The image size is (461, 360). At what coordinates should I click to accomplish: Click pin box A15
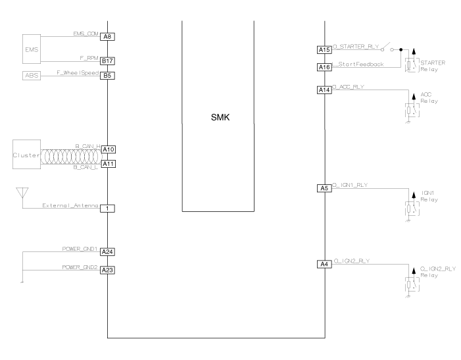click(x=324, y=49)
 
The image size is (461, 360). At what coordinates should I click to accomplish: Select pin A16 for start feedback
click(x=324, y=66)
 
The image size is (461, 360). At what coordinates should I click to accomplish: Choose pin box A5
click(x=324, y=189)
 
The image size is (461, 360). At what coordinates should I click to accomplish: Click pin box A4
click(x=324, y=265)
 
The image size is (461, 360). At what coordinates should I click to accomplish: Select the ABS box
click(x=31, y=76)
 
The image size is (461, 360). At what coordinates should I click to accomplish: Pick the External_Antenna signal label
click(x=71, y=205)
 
